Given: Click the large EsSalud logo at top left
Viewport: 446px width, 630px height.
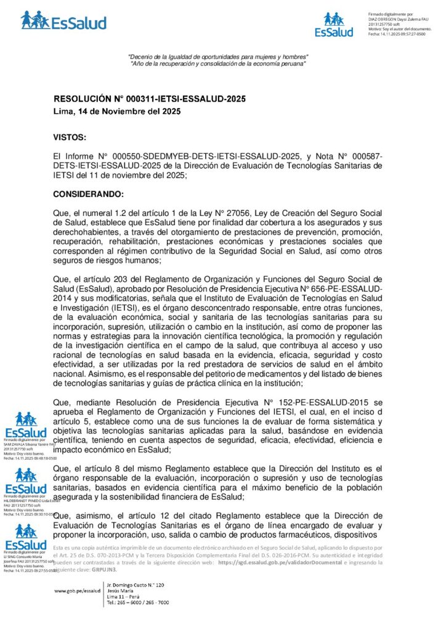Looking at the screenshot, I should tap(63, 20).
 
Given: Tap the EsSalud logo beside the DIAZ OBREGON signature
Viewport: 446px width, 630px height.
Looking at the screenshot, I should tap(334, 25).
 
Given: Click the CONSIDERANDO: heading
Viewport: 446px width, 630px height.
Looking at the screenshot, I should tap(89, 194).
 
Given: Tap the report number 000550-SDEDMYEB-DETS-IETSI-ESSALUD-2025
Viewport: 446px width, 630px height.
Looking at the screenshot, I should tap(200, 157).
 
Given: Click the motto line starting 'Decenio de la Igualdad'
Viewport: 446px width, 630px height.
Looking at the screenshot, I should tap(217, 57).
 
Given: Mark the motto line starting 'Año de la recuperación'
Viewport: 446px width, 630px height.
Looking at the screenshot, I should tap(217, 64).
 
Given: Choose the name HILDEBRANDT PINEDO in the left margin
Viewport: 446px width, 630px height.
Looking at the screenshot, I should tap(22, 500).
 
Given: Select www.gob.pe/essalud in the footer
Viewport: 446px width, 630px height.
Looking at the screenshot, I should tap(77, 591).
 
